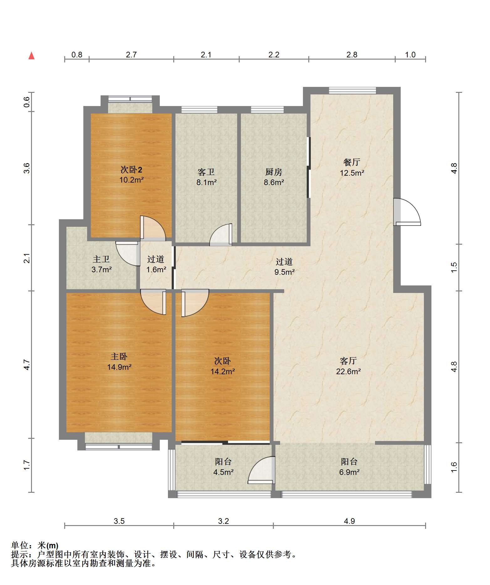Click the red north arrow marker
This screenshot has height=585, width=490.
pyautogui.click(x=31, y=56)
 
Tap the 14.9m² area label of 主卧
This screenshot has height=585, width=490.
pyautogui.click(x=119, y=367)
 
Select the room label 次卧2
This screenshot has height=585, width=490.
pyautogui.click(x=131, y=170)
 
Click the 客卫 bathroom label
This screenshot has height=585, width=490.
pyautogui.click(x=206, y=172)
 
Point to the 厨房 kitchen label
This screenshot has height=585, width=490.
pyautogui.click(x=274, y=172)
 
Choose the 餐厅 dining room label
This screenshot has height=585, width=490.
pyautogui.click(x=352, y=162)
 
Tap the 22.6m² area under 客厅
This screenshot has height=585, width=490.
pyautogui.click(x=348, y=371)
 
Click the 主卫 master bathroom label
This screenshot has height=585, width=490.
pyautogui.click(x=101, y=259)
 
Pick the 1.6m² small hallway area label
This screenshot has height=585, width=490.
pyautogui.click(x=156, y=269)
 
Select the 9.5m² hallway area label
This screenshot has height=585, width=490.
pyautogui.click(x=284, y=272)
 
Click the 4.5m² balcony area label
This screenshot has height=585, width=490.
pyautogui.click(x=223, y=472)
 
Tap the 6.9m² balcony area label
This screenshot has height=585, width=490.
pyautogui.click(x=349, y=472)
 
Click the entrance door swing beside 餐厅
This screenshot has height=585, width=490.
pyautogui.click(x=407, y=212)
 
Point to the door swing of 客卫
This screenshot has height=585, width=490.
pyautogui.click(x=221, y=235)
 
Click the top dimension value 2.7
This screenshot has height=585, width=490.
pyautogui.click(x=131, y=55)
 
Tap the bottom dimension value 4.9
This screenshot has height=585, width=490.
pyautogui.click(x=349, y=521)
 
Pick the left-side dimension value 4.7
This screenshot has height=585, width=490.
pyautogui.click(x=27, y=364)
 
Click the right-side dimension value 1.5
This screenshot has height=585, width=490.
pyautogui.click(x=454, y=267)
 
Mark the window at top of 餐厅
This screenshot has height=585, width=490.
pyautogui.click(x=352, y=90)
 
